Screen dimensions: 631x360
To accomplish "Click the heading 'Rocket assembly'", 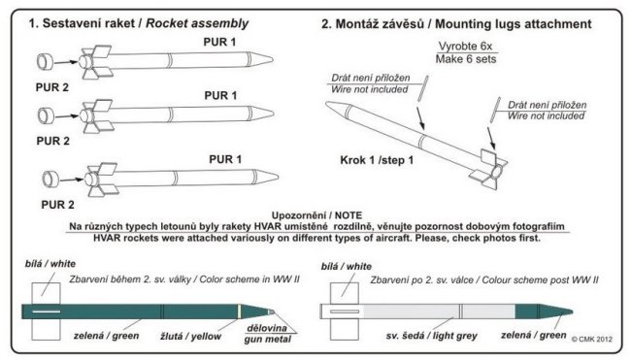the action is (197, 23).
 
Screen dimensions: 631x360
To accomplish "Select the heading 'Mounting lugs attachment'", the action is (514, 24).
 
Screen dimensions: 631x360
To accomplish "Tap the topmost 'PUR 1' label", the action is (219, 42).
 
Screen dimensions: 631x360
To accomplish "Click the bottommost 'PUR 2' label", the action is (57, 205).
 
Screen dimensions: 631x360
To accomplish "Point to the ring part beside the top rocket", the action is (45, 62).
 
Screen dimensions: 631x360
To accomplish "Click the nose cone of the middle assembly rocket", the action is (262, 114).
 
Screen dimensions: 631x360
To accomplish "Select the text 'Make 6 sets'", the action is (466, 59).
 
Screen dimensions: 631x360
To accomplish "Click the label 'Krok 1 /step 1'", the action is (377, 160).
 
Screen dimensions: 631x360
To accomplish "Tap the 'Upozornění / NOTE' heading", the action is (316, 215).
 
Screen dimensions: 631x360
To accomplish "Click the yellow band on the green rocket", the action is (240, 311).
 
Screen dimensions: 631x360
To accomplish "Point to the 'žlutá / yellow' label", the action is (190, 337).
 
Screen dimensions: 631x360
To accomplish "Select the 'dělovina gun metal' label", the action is (268, 334).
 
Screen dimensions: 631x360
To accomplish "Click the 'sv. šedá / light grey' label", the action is (431, 336).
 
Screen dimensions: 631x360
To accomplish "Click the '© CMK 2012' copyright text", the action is (592, 339).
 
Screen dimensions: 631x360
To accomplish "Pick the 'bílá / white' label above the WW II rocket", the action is (50, 264).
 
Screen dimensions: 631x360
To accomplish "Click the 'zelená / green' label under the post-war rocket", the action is (534, 335).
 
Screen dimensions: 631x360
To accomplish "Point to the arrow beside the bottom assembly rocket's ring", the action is (72, 180).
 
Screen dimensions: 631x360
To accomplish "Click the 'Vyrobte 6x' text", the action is (466, 47).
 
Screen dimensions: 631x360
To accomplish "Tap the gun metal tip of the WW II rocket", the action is (272, 311).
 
